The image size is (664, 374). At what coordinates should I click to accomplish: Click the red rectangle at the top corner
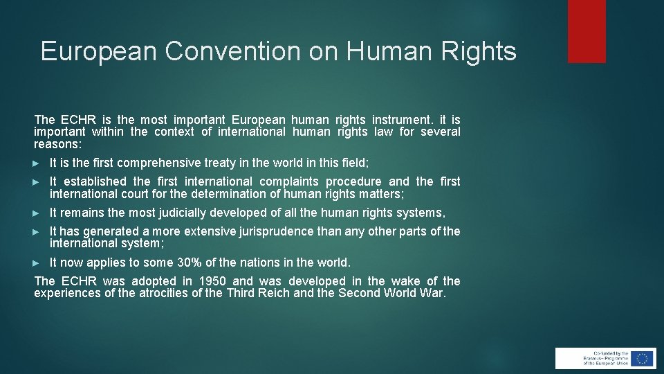587,31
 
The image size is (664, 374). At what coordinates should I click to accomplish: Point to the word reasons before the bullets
57,145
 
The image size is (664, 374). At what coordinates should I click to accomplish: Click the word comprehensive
160,163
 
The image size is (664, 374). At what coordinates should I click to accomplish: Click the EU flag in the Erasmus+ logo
643,358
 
